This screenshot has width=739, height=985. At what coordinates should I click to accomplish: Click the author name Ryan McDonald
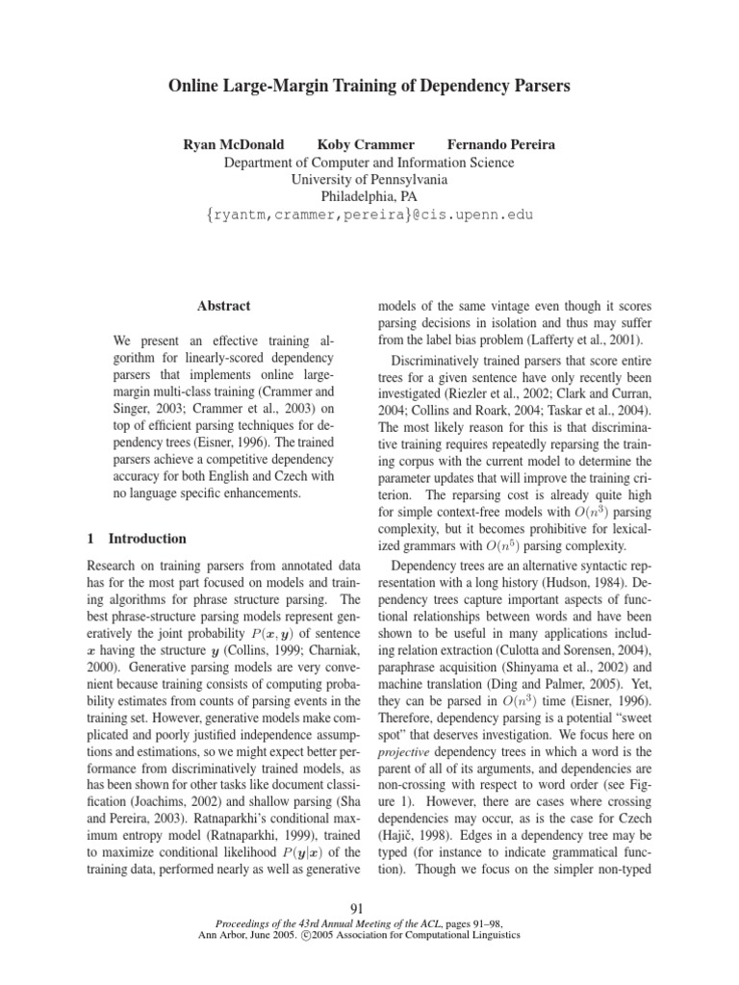tap(234, 145)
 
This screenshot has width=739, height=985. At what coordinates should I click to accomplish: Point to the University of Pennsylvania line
tap(369, 180)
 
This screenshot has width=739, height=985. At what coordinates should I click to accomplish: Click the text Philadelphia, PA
tap(369, 197)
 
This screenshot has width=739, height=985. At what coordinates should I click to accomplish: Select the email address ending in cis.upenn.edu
tap(369, 215)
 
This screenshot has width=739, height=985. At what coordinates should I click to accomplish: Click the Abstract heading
tap(223, 306)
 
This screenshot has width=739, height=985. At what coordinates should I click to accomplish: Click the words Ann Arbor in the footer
tap(245, 934)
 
